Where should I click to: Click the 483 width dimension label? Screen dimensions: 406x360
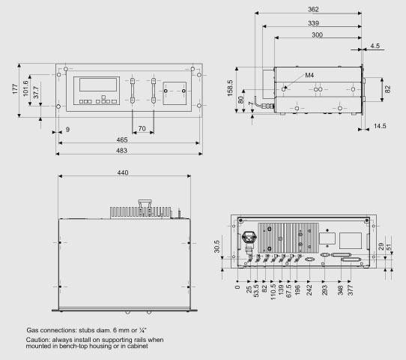[121, 151]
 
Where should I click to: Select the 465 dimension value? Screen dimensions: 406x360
[121, 140]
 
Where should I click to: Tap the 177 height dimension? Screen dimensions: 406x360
[15, 89]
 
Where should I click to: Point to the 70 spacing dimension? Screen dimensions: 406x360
[142, 128]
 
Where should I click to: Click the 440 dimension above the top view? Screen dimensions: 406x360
[123, 172]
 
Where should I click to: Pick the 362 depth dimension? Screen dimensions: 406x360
[313, 10]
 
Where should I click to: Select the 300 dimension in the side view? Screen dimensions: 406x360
[317, 34]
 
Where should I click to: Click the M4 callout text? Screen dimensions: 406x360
[309, 75]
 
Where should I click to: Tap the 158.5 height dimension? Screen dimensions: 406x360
[230, 88]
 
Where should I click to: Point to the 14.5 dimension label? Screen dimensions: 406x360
[380, 126]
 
